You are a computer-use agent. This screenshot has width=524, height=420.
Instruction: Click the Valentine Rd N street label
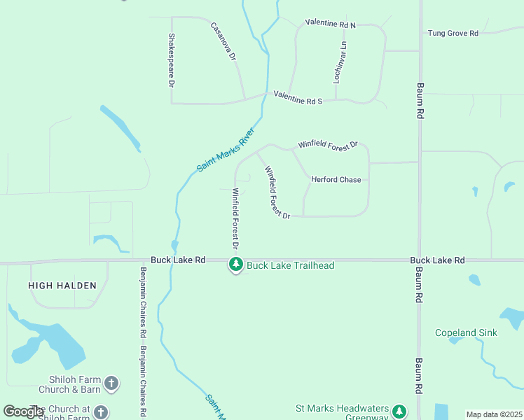coord(330,24)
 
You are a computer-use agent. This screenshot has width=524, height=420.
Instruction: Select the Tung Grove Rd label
coord(453,33)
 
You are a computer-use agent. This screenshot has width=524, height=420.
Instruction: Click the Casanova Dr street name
coord(223,41)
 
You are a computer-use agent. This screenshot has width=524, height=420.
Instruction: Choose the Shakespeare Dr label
coord(170,59)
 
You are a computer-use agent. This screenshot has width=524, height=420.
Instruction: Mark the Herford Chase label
coord(336,180)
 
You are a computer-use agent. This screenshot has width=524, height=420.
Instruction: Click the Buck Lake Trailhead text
coord(290,265)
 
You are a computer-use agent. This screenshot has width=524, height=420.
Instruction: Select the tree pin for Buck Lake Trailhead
coord(236,264)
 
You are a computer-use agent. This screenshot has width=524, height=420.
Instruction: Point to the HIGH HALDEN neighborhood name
coord(56,285)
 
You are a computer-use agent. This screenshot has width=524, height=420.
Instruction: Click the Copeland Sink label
coord(466,332)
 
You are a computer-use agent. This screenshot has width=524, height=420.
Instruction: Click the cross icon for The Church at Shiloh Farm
coord(101,413)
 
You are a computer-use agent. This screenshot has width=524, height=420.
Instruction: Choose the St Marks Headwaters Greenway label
coord(341,412)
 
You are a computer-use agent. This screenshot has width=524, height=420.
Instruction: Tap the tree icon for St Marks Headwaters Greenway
coord(399,412)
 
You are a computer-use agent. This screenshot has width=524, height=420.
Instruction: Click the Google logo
coord(23,412)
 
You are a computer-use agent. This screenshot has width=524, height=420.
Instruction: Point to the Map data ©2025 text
coord(493,414)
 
